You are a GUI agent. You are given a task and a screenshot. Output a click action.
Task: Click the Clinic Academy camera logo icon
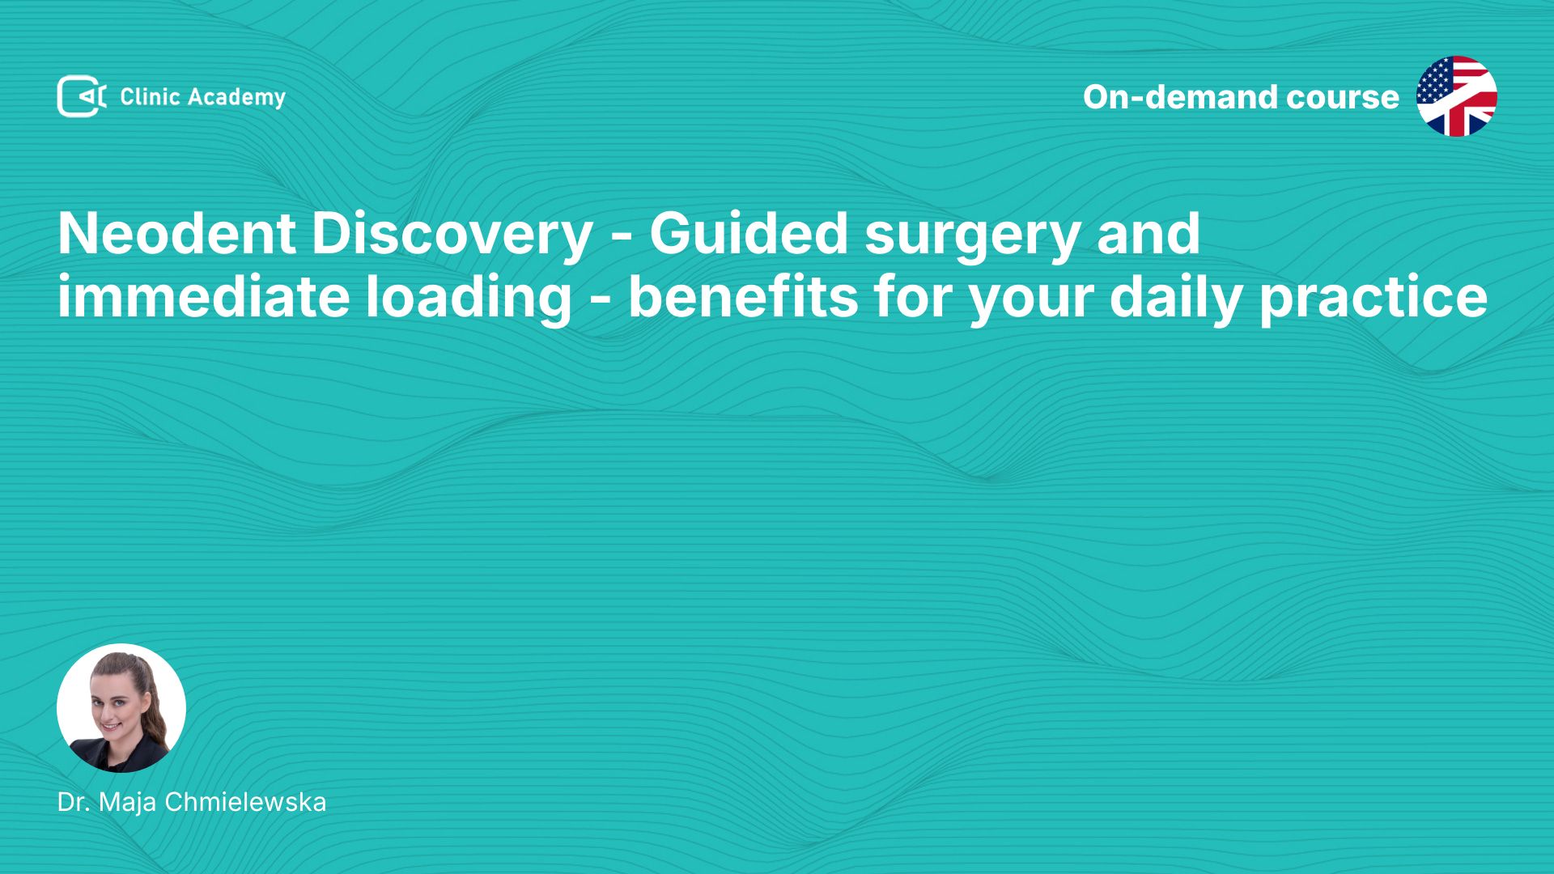point(81,96)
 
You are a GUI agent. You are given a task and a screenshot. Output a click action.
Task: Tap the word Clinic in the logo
point(150,97)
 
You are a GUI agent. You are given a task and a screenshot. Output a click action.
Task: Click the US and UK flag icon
point(1457,96)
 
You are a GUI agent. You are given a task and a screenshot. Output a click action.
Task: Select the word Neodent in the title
point(176,234)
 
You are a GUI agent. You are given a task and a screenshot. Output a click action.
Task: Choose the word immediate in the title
point(203,296)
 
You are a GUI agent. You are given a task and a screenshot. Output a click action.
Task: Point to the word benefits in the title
point(743,296)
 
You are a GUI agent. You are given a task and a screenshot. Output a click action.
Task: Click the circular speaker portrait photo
point(121,708)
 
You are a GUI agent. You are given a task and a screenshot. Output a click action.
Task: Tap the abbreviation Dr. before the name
point(74,802)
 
